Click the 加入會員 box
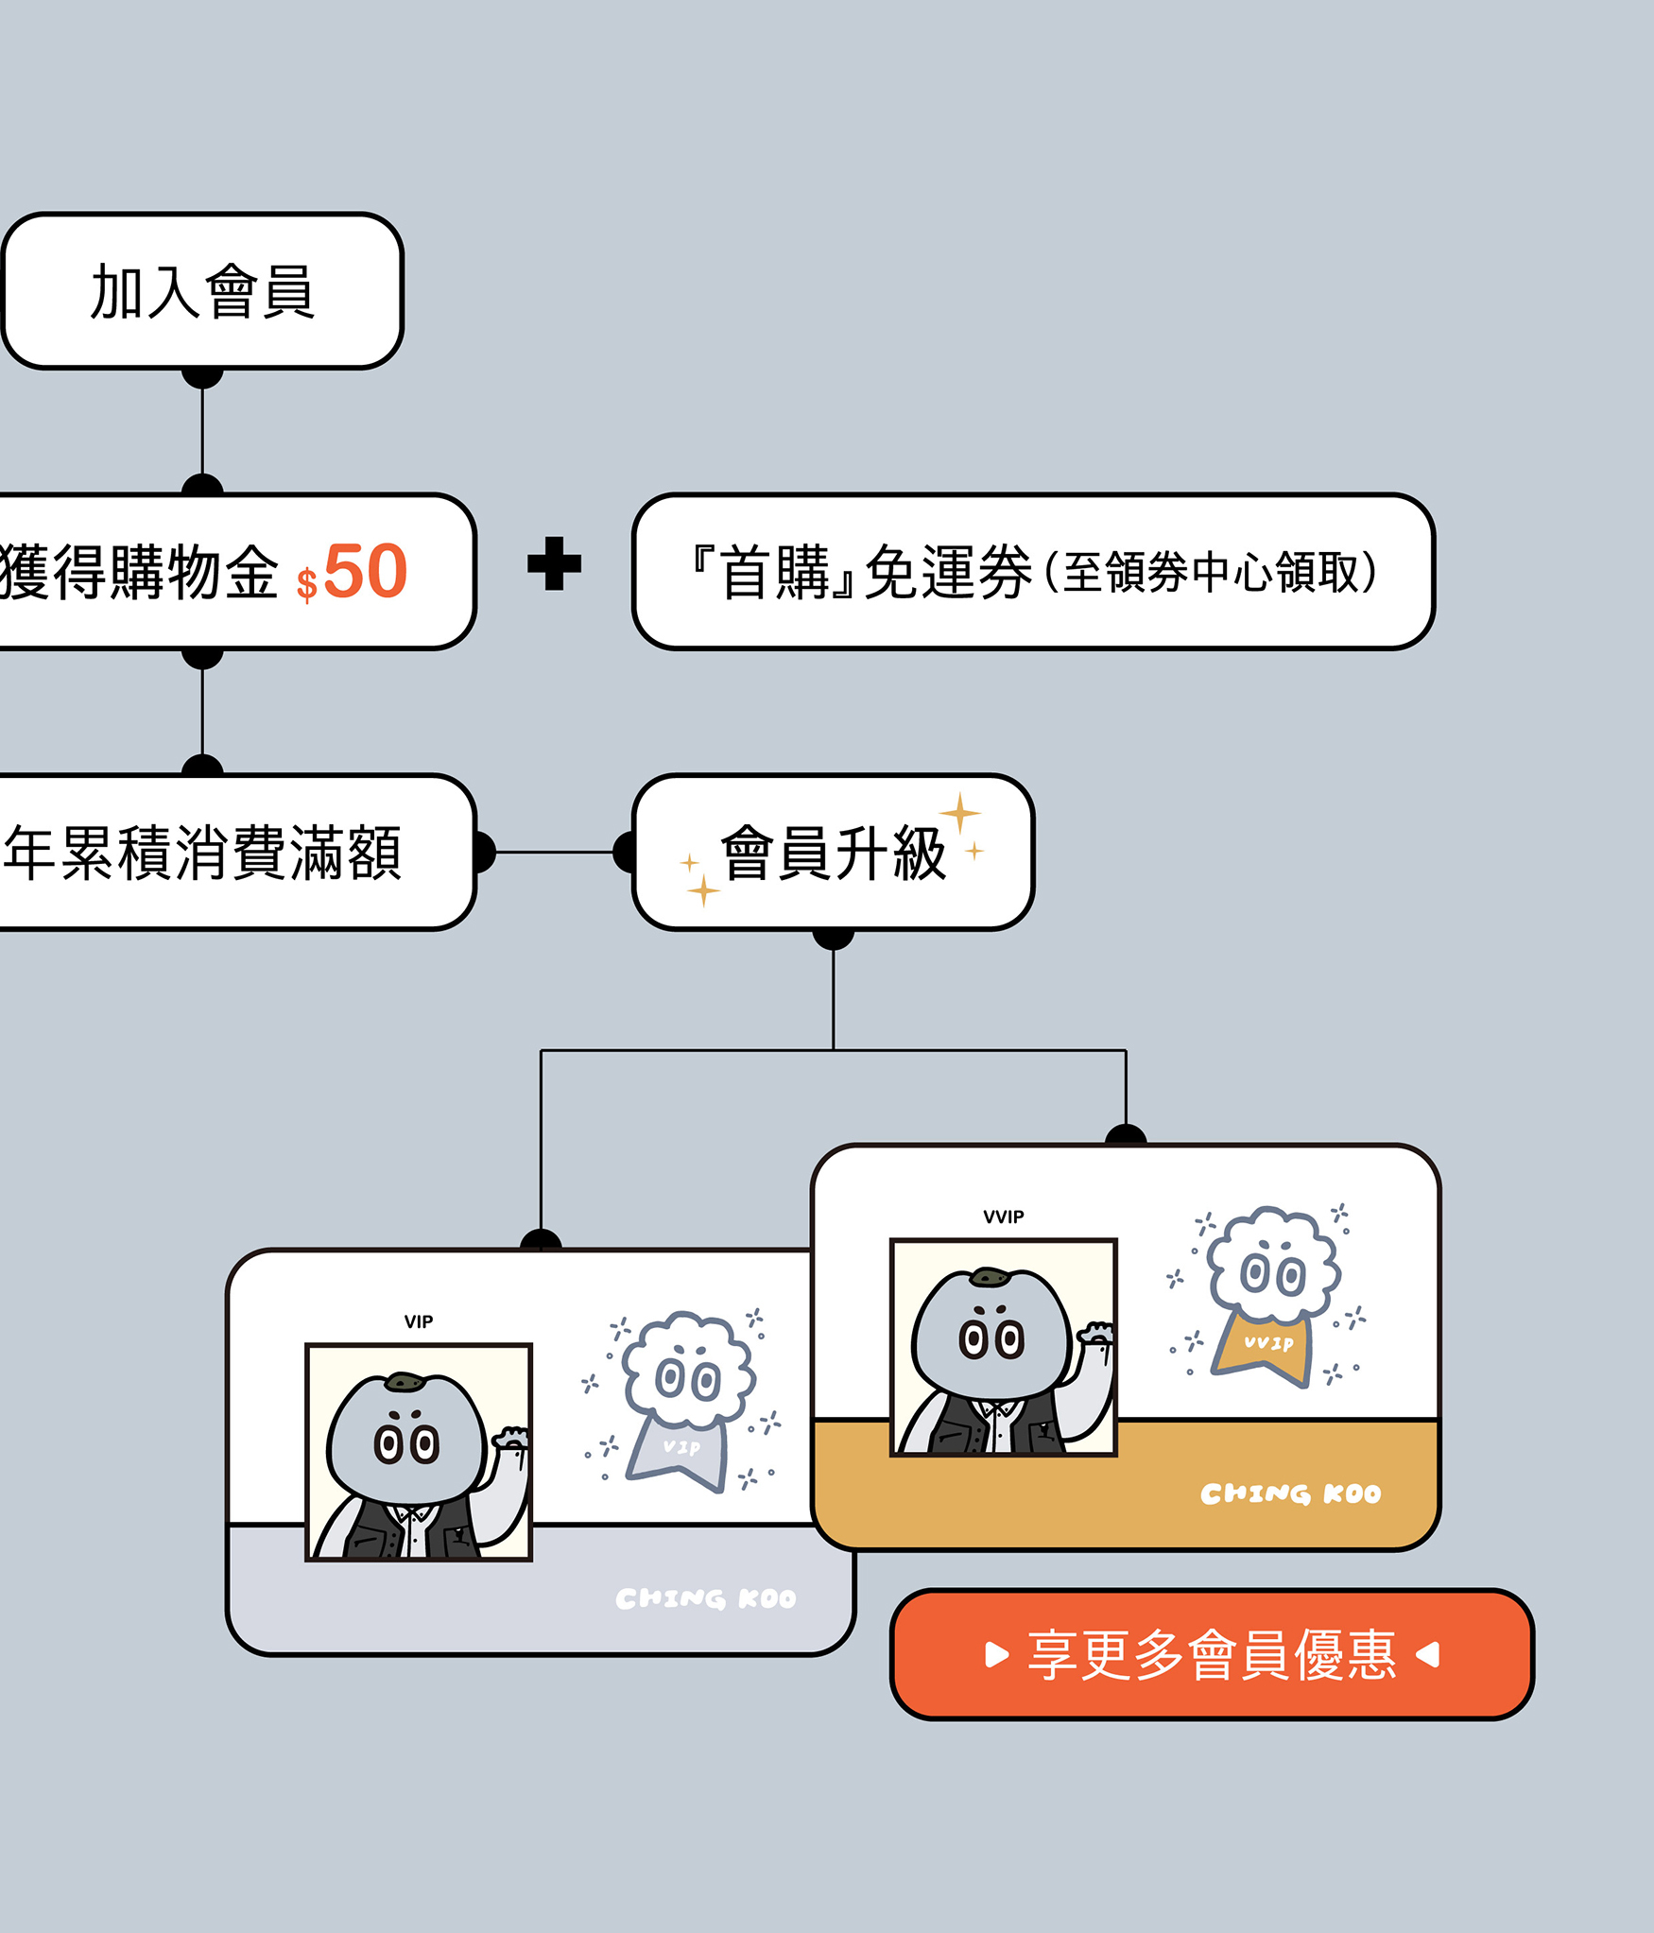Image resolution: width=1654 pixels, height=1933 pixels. [x=202, y=290]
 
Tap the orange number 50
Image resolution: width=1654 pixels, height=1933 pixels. [x=366, y=571]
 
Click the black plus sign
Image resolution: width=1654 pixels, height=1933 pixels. [x=554, y=563]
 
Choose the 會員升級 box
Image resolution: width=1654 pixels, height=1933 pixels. [x=833, y=852]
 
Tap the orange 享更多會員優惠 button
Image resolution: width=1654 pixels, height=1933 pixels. [x=1212, y=1654]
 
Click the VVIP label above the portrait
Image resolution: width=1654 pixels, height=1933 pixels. [x=1003, y=1217]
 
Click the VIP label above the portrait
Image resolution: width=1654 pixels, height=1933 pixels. [x=419, y=1321]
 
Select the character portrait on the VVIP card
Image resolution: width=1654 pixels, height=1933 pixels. [x=1004, y=1347]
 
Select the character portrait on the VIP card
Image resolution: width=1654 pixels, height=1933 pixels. [x=419, y=1452]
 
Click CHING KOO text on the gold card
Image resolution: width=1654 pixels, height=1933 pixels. [x=1290, y=1493]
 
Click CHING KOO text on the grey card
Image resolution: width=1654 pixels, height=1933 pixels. [x=705, y=1598]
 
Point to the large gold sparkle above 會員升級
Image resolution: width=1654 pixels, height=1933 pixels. [x=960, y=813]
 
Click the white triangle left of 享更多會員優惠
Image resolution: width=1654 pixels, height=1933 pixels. [x=996, y=1654]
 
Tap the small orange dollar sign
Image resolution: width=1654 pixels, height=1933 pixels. [x=306, y=583]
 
